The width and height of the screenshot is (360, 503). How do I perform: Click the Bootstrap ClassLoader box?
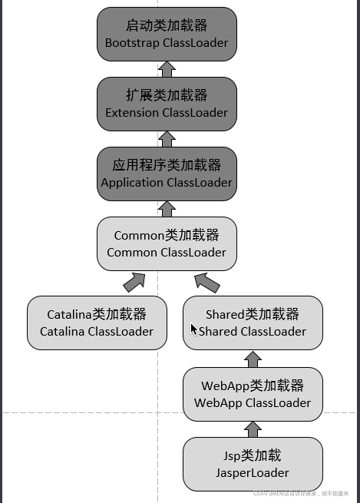(x=167, y=35)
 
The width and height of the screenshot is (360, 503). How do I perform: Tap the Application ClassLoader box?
(x=167, y=174)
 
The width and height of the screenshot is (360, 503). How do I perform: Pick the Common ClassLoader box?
(x=167, y=243)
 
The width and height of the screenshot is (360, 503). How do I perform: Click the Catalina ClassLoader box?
(x=96, y=323)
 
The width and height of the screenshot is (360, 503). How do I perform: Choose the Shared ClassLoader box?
(x=253, y=323)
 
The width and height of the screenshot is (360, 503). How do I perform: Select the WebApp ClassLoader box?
(x=253, y=394)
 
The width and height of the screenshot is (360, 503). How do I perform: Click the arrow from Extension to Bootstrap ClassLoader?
(x=167, y=70)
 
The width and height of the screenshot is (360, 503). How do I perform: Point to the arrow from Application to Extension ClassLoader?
(x=167, y=139)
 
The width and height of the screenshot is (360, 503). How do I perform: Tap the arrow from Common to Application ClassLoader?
(x=167, y=209)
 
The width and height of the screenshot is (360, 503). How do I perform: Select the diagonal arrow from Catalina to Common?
(x=134, y=283)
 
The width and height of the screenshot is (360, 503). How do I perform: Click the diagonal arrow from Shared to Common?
(x=206, y=283)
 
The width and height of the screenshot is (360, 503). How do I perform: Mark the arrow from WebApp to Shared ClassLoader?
(x=253, y=359)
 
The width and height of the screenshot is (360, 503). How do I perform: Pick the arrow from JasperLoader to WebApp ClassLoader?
(x=253, y=429)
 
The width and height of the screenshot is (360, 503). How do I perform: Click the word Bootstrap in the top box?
(x=133, y=43)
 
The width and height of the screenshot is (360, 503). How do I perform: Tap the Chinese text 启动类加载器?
(x=167, y=26)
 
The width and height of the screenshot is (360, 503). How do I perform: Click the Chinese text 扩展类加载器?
(x=167, y=96)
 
